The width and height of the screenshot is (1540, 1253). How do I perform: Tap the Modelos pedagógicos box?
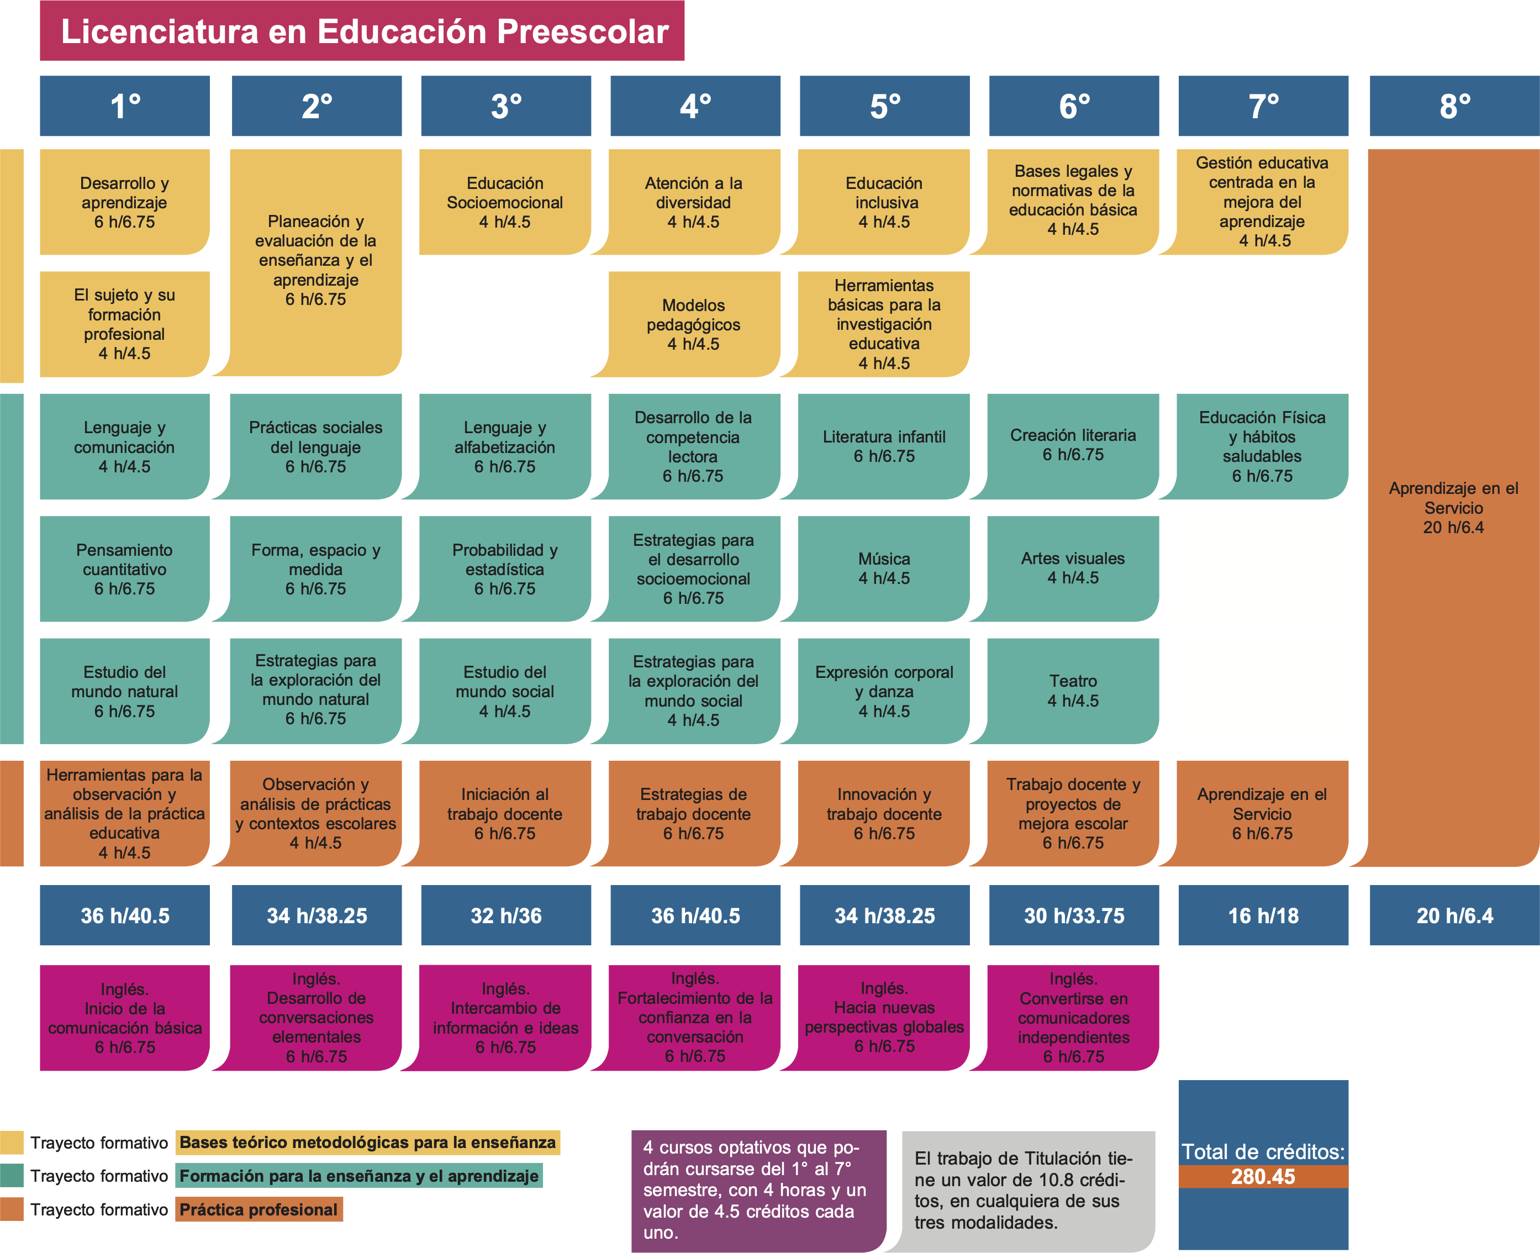pos(694,324)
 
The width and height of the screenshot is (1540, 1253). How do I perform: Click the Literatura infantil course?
pos(884,446)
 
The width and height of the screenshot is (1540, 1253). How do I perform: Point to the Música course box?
pos(884,568)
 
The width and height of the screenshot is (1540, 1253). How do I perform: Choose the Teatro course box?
pos(1073,691)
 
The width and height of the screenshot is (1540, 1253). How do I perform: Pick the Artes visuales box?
pos(1073,568)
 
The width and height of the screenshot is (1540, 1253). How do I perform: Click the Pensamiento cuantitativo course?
pos(125,568)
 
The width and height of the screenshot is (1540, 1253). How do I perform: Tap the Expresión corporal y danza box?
pos(884,691)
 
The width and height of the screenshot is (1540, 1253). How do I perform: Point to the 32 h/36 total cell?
pos(506,915)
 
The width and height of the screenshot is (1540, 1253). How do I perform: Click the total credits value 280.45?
pos(1263,1177)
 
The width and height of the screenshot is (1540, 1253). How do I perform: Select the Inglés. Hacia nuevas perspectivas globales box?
pos(884,1018)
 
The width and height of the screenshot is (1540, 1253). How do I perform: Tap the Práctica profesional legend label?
pos(259,1210)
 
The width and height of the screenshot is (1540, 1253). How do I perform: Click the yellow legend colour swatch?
pos(12,1143)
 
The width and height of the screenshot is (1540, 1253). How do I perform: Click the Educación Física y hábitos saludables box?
pos(1262,446)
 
